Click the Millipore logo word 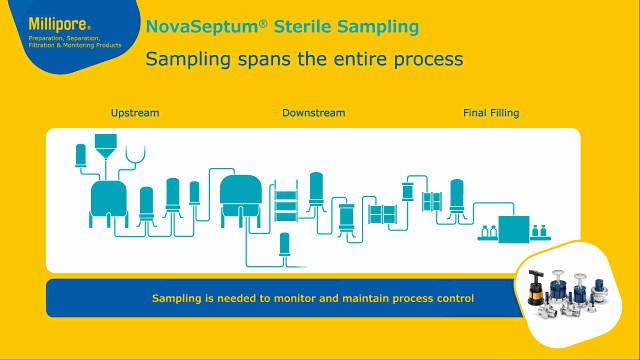point(58,24)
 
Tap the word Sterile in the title point(302,27)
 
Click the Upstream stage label point(135,113)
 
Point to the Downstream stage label point(313,113)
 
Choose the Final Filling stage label point(491,113)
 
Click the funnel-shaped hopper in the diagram point(106,146)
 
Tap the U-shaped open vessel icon point(136,154)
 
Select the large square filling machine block point(514,229)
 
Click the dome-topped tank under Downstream point(241,195)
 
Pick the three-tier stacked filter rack point(286,201)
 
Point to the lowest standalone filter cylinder point(284,245)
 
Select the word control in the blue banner point(456,298)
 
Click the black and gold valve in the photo point(536,289)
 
